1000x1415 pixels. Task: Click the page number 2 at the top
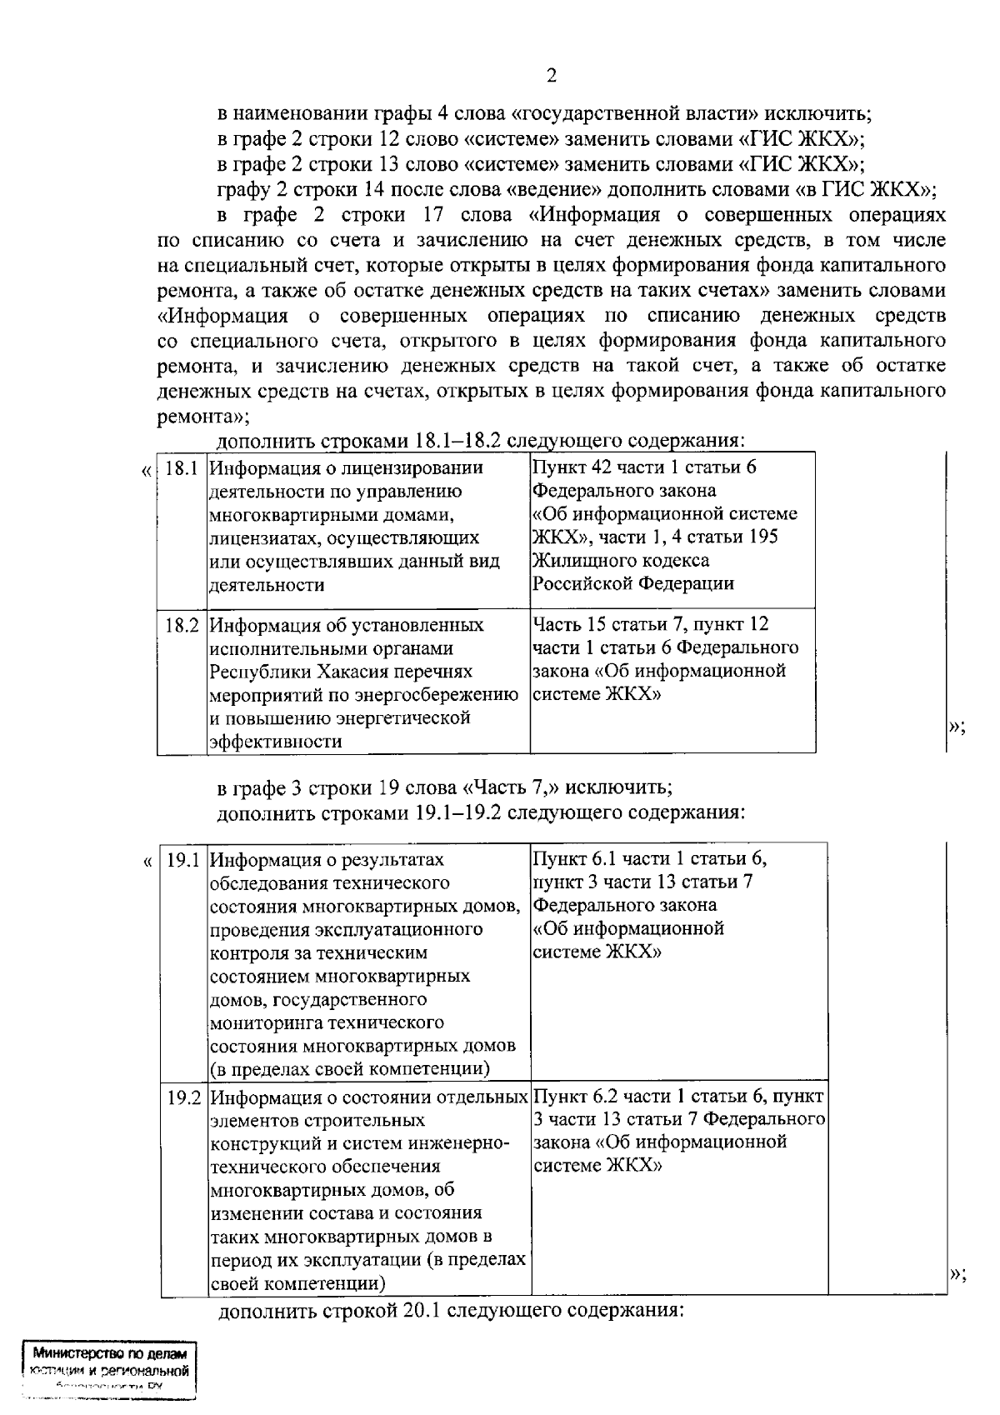tap(551, 77)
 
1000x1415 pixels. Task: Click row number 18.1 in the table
tap(181, 468)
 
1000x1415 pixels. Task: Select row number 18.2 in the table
tap(182, 625)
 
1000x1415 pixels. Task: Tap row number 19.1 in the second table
tap(183, 860)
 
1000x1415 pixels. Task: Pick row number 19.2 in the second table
tap(183, 1097)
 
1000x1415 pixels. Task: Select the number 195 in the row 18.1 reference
tap(762, 537)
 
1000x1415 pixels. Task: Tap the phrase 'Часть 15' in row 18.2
tap(569, 624)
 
